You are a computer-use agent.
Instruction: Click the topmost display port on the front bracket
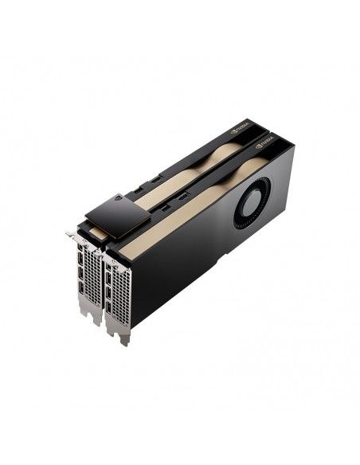coord(108,264)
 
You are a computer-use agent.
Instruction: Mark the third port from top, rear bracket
coord(81,277)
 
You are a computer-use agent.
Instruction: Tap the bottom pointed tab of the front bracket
coord(123,339)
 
